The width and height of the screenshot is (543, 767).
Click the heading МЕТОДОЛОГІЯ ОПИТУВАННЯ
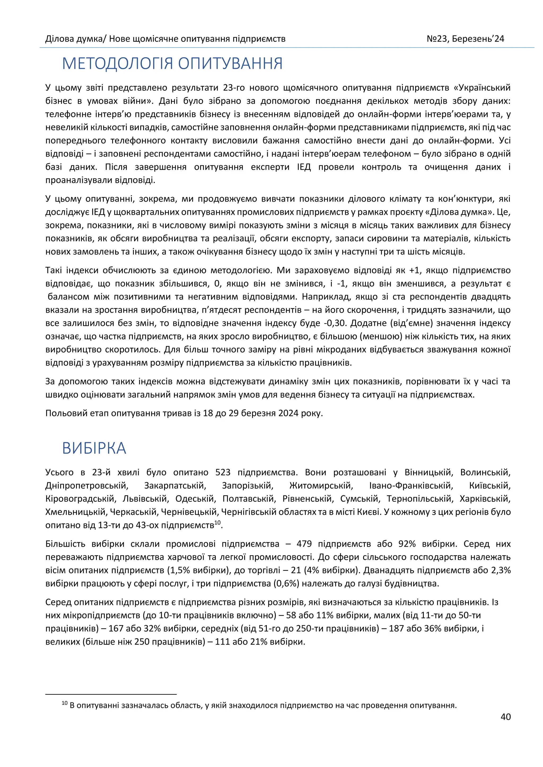point(172,64)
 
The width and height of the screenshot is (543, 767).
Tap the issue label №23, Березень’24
point(465,39)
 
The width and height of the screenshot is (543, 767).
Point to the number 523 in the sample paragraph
point(223,472)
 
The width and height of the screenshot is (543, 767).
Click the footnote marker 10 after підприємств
point(218,523)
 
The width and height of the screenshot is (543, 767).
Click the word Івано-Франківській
point(411,485)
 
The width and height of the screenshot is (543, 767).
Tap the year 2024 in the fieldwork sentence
point(288,413)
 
